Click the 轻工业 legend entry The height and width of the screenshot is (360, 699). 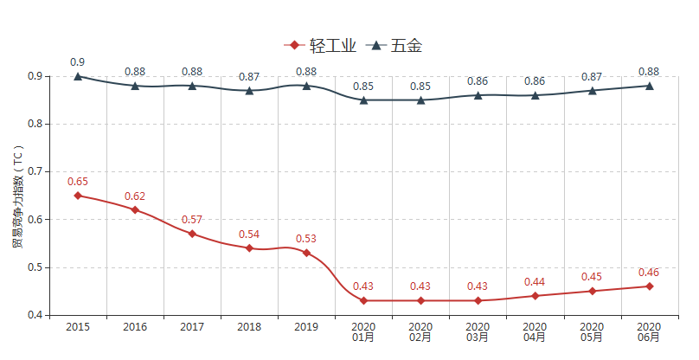(320, 46)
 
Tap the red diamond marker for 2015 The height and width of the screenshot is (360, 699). (78, 196)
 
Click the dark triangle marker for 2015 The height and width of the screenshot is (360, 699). (78, 76)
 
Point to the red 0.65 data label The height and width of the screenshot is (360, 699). (78, 182)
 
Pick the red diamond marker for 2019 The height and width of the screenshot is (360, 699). (306, 253)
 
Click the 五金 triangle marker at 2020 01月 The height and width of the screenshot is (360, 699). (363, 100)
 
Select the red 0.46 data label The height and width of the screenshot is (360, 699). (649, 273)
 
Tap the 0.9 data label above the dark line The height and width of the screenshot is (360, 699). (78, 61)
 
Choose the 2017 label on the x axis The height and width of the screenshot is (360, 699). (192, 327)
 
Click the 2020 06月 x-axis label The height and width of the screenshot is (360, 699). (649, 332)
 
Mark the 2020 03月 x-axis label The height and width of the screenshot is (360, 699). (478, 332)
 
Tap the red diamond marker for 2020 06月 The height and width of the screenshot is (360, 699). (649, 286)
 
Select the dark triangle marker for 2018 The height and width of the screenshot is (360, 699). (249, 90)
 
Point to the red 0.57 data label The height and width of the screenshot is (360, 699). (192, 220)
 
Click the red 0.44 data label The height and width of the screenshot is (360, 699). (535, 282)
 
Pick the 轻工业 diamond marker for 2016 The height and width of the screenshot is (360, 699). (135, 209)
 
